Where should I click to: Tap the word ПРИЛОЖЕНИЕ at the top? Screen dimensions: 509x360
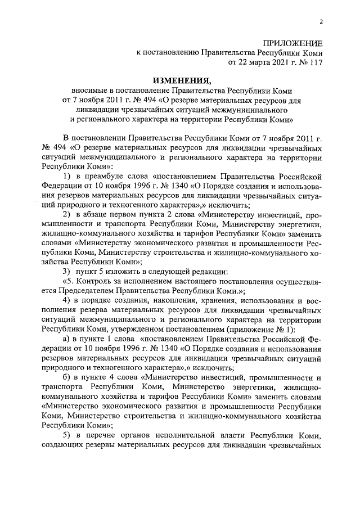tap(294, 44)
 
